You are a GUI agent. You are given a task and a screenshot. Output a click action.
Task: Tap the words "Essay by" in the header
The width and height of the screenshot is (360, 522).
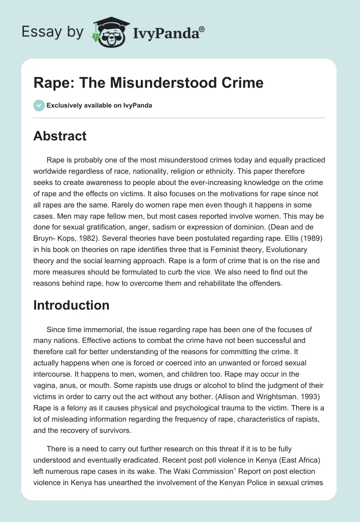(x=53, y=31)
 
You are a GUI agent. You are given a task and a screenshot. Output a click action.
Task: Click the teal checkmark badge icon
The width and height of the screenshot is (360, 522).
(x=39, y=105)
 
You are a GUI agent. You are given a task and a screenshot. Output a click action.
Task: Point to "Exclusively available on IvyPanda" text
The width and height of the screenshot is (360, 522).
(x=99, y=105)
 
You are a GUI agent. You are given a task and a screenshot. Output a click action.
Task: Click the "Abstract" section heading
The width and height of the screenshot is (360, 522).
(x=60, y=136)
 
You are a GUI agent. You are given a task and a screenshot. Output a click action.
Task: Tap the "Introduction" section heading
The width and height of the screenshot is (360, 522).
(x=71, y=305)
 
